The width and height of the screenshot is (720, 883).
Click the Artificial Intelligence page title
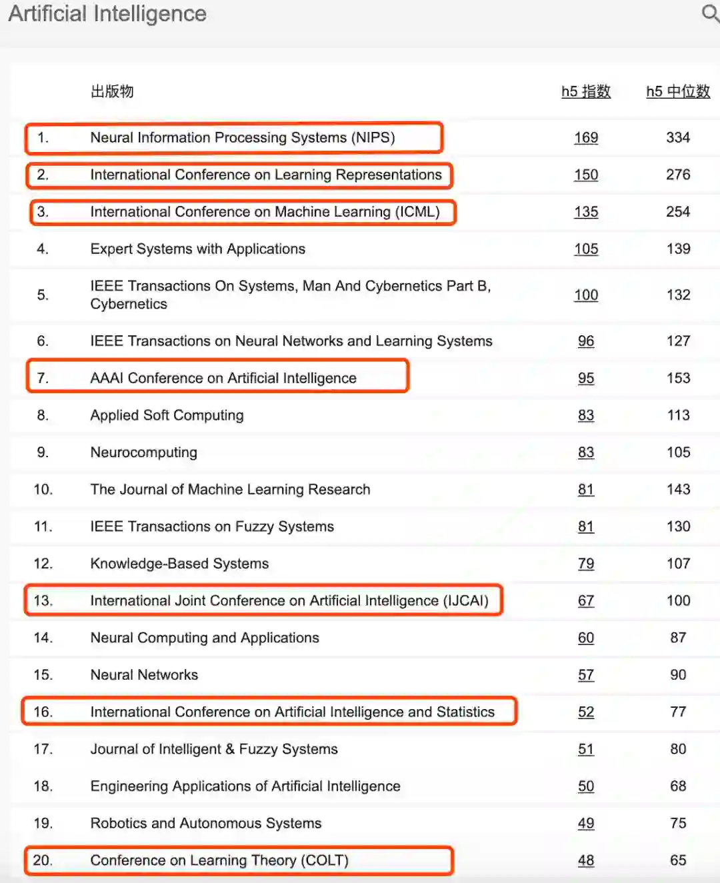(107, 13)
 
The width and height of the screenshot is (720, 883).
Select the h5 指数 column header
(586, 91)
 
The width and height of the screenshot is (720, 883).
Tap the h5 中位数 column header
(678, 91)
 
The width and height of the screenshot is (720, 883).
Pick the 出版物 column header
(112, 91)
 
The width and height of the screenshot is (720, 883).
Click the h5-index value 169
(586, 137)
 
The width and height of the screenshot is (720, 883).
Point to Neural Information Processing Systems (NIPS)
(243, 137)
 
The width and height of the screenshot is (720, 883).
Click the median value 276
(678, 175)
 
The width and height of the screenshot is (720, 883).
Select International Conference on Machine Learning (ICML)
(265, 212)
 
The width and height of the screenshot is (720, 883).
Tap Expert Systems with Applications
(198, 249)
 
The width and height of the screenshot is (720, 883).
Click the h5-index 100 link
(586, 295)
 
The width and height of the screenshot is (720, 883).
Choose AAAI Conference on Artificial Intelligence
(223, 378)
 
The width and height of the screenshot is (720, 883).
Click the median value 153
(678, 378)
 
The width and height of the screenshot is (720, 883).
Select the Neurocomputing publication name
(144, 452)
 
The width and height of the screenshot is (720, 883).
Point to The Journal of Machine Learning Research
(230, 489)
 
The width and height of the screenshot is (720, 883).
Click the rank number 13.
(43, 600)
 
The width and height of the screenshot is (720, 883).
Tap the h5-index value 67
(586, 600)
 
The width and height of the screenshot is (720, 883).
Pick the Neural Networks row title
(144, 674)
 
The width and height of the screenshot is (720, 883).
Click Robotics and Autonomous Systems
(206, 823)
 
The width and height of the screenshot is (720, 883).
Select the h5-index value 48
(586, 860)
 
